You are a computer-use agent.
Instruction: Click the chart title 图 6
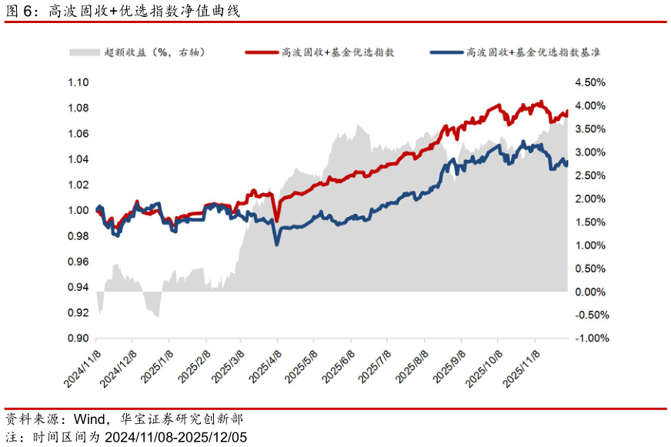pyautogui.click(x=18, y=11)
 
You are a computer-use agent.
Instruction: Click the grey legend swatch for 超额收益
pyautogui.click(x=85, y=52)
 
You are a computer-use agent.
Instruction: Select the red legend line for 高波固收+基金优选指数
pyautogui.click(x=262, y=52)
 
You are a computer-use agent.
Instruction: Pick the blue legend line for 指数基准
pyautogui.click(x=447, y=52)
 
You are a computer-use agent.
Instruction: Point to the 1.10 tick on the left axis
pyautogui.click(x=78, y=82)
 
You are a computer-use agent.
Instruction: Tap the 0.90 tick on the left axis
pyautogui.click(x=78, y=339)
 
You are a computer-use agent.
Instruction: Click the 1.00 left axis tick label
pyautogui.click(x=78, y=210)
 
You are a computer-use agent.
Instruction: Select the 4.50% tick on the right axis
pyautogui.click(x=590, y=82)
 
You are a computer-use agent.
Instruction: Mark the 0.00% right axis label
pyautogui.click(x=590, y=292)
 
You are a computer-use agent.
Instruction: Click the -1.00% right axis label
pyautogui.click(x=592, y=339)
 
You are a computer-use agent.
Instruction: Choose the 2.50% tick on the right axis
pyautogui.click(x=590, y=175)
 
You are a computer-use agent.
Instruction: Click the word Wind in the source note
pyautogui.click(x=89, y=419)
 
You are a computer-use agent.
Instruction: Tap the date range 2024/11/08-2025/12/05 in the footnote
pyautogui.click(x=176, y=437)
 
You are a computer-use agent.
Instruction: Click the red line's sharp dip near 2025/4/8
pyautogui.click(x=276, y=221)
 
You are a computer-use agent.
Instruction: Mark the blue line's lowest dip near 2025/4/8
pyautogui.click(x=277, y=244)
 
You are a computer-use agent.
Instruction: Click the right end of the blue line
pyautogui.click(x=567, y=165)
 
